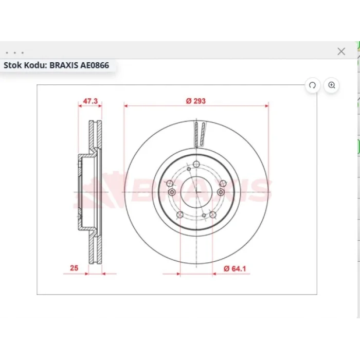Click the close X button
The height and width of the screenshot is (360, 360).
[341, 51]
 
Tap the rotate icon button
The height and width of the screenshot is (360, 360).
[312, 85]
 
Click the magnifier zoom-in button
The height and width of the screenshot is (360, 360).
[331, 85]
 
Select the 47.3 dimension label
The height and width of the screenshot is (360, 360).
[90, 101]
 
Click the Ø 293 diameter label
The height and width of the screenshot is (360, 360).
[196, 101]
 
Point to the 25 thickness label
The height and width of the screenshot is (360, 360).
[74, 268]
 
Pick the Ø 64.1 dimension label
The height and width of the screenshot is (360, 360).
[235, 268]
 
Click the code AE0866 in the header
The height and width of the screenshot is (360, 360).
[94, 65]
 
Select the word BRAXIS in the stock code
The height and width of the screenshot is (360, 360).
[64, 65]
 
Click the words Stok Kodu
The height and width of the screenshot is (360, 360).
[25, 65]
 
